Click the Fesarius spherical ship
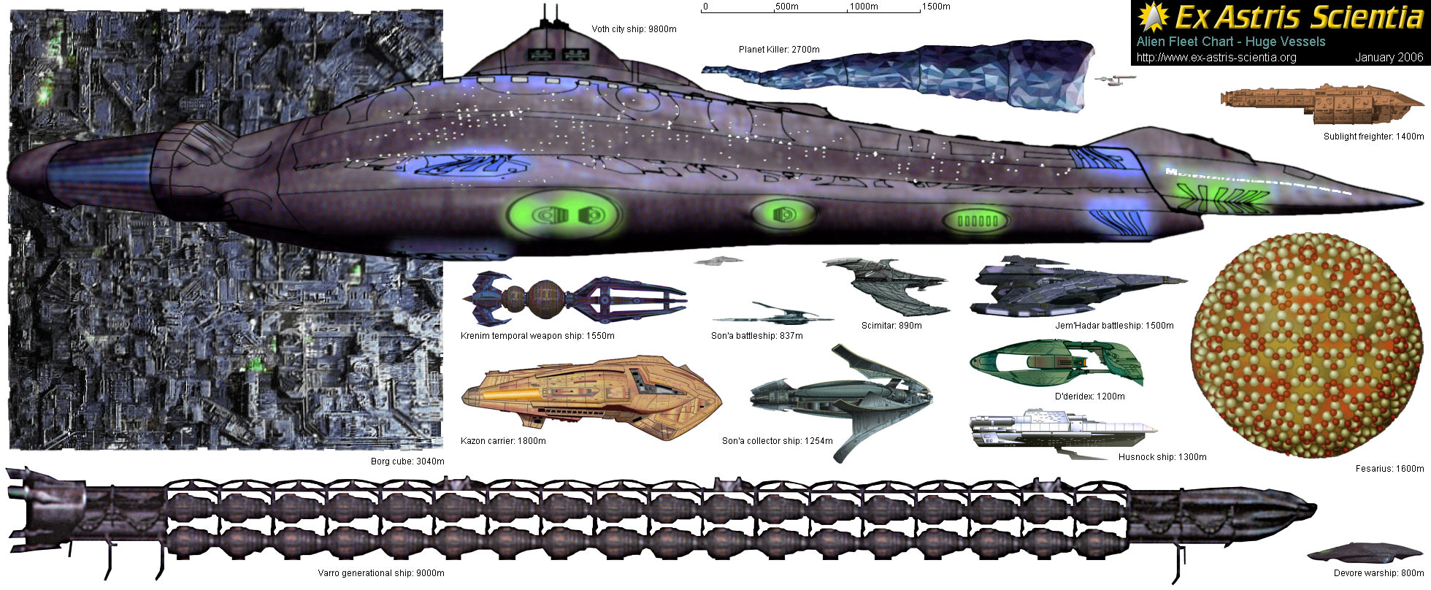point(1307,345)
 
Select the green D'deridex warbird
point(1056,364)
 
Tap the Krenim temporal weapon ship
point(573,298)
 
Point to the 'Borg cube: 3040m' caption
point(407,461)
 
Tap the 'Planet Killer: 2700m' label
point(778,50)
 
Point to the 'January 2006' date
point(1389,58)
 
